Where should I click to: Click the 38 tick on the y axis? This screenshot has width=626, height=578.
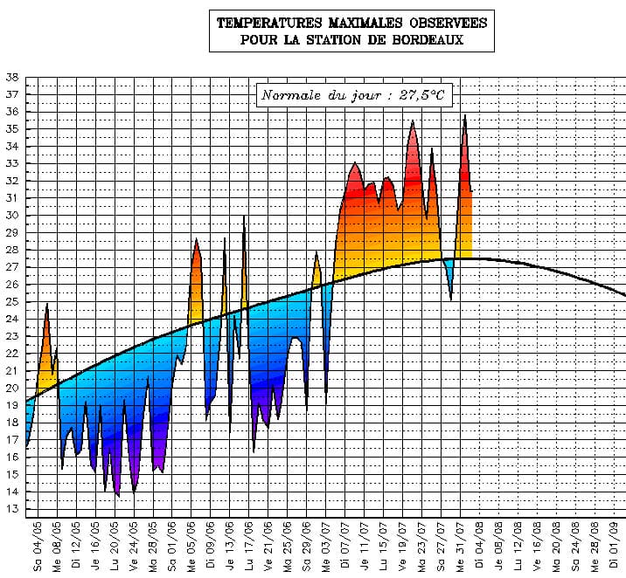(12, 77)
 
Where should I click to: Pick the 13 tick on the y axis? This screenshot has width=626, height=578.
(12, 509)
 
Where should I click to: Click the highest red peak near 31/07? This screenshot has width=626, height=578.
(465, 116)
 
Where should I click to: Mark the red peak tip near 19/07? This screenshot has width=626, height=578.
(413, 121)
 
